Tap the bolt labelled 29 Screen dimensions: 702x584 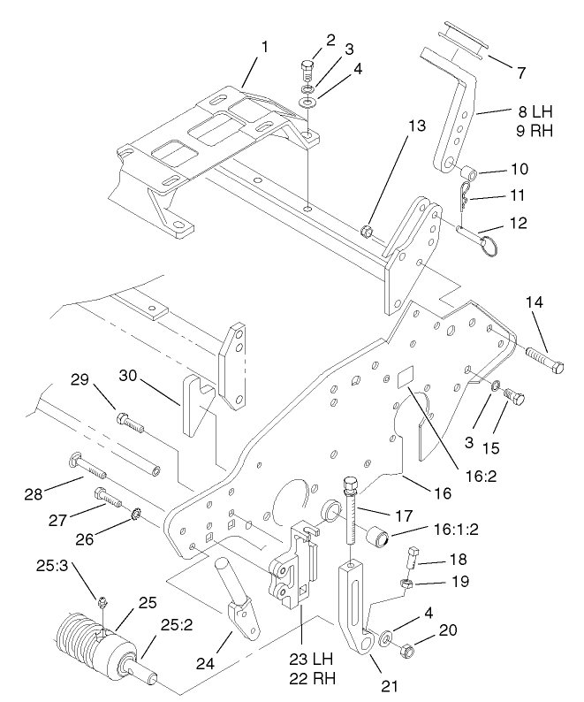(131, 423)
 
